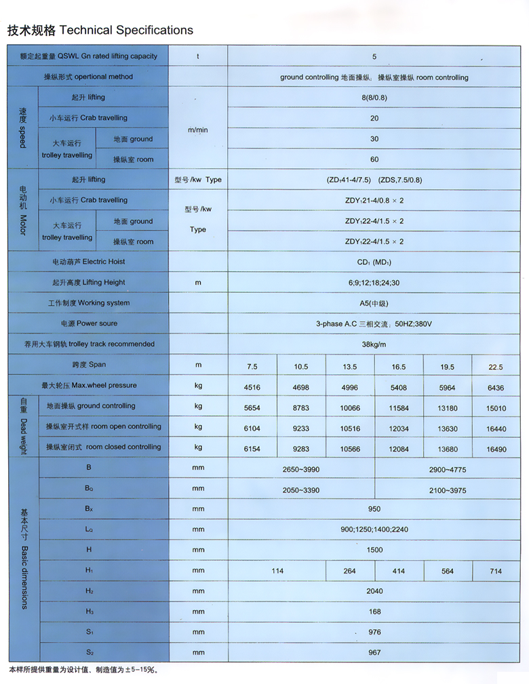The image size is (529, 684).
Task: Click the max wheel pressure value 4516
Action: pyautogui.click(x=252, y=387)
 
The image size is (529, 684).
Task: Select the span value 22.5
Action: pyautogui.click(x=496, y=367)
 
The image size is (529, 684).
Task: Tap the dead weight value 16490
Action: pyautogui.click(x=496, y=449)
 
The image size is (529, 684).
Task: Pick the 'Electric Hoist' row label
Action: pyautogui.click(x=89, y=262)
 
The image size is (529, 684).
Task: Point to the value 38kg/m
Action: pyautogui.click(x=374, y=344)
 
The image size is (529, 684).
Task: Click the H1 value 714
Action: pyautogui.click(x=496, y=571)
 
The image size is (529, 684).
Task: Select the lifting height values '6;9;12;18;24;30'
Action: pyautogui.click(x=374, y=283)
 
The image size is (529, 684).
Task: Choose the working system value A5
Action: pyautogui.click(x=374, y=303)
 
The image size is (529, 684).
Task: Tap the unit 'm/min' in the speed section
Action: pyautogui.click(x=198, y=129)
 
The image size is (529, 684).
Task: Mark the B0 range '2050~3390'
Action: pyautogui.click(x=301, y=489)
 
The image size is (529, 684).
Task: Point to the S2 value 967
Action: pyautogui.click(x=374, y=653)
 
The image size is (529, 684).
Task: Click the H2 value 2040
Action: pyautogui.click(x=374, y=591)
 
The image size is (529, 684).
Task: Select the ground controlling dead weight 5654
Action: pyautogui.click(x=252, y=407)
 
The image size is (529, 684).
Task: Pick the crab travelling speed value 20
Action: pyautogui.click(x=374, y=118)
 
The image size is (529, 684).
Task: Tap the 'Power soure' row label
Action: pyautogui.click(x=89, y=323)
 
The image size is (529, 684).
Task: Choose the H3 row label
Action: pyautogui.click(x=89, y=611)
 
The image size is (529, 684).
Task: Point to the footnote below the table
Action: pyautogui.click(x=83, y=670)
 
